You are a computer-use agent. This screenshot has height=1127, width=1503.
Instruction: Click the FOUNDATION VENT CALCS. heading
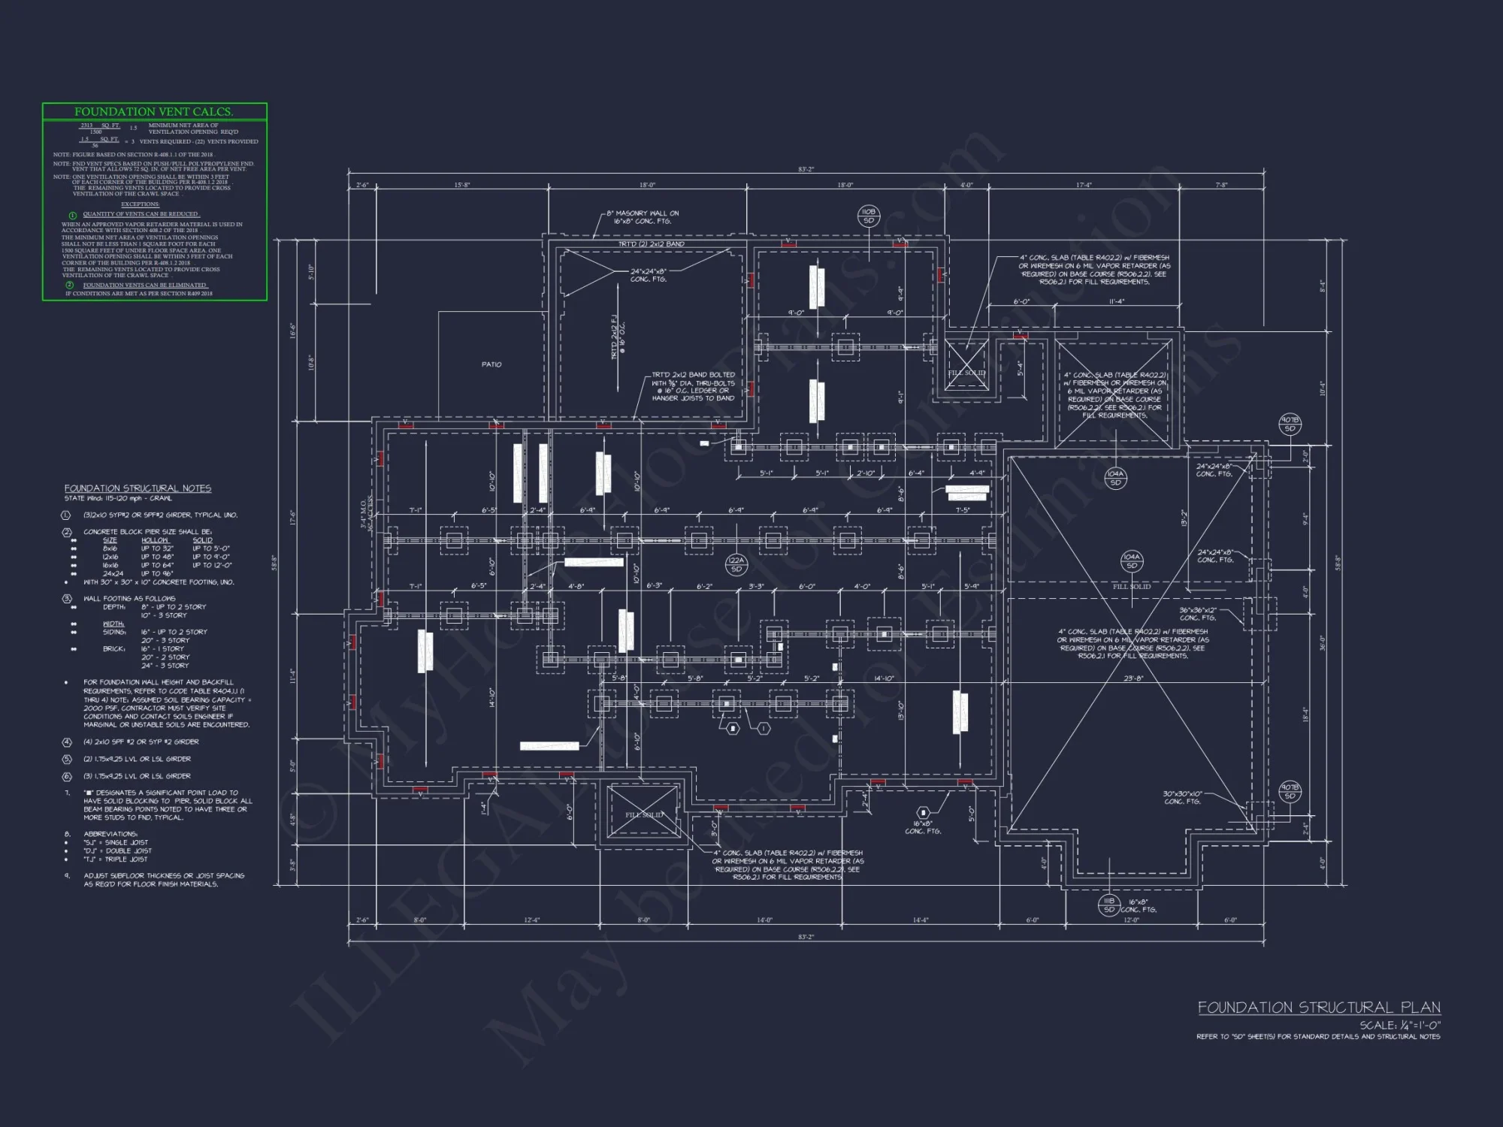tap(153, 112)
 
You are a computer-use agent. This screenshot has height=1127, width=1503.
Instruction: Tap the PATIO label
tap(491, 364)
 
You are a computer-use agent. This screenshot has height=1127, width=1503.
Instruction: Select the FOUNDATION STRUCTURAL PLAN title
tap(1319, 1008)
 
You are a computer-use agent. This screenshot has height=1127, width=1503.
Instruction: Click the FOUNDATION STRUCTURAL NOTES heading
tap(138, 488)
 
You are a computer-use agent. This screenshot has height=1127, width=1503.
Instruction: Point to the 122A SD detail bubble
tap(736, 564)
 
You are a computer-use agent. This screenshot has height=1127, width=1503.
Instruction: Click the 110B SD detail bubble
tap(869, 216)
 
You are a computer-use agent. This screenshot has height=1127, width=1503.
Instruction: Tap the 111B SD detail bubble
tap(1109, 905)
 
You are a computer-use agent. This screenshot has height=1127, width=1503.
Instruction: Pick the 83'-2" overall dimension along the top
tap(806, 170)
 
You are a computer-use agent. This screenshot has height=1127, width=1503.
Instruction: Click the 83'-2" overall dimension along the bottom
tap(806, 937)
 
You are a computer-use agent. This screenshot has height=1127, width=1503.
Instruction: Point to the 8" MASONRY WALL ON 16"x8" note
tap(642, 217)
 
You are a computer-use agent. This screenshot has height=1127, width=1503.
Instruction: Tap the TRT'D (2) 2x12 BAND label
tap(651, 244)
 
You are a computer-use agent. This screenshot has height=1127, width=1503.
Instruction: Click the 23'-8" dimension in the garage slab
tap(1133, 678)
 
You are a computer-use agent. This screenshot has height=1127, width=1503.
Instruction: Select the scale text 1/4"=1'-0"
tap(1399, 1025)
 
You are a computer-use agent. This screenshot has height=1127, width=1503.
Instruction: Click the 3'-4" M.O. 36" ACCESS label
tap(366, 512)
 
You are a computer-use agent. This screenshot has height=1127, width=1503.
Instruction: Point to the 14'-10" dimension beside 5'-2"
tap(884, 678)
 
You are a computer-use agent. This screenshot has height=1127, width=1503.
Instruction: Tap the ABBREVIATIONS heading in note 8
tap(110, 834)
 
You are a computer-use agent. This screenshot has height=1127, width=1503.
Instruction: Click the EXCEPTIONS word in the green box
tap(140, 204)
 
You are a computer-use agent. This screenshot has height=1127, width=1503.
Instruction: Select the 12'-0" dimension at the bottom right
tap(1131, 920)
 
